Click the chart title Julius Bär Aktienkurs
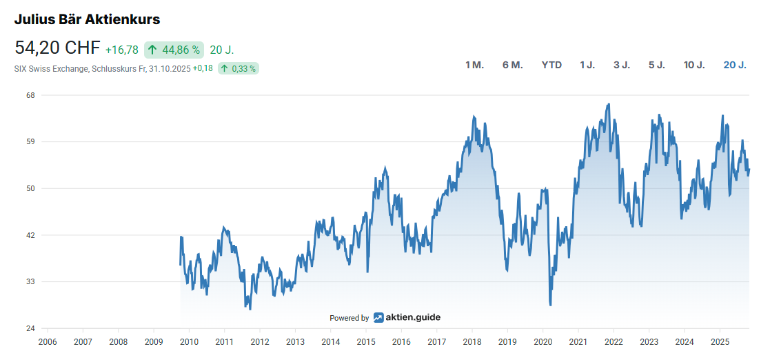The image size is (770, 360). click(x=87, y=19)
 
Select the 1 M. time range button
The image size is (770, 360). click(x=474, y=65)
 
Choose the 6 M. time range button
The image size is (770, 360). click(x=513, y=65)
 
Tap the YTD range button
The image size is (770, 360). click(x=551, y=65)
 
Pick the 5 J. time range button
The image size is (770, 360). click(x=656, y=65)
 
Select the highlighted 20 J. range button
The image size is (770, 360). click(x=735, y=65)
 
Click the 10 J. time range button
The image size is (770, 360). click(x=694, y=65)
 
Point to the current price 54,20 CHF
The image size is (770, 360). click(x=57, y=48)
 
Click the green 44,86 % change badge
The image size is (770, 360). click(x=174, y=50)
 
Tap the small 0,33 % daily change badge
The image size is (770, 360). click(x=238, y=68)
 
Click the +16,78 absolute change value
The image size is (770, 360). click(x=122, y=50)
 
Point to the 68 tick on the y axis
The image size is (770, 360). click(x=30, y=95)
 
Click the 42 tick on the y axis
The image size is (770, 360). click(x=30, y=235)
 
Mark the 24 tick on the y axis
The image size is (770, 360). click(x=30, y=328)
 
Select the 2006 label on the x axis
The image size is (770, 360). click(x=47, y=342)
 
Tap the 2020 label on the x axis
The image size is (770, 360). click(x=543, y=342)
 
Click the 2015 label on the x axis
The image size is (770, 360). click(x=366, y=342)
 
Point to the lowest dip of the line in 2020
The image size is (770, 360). click(x=550, y=304)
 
